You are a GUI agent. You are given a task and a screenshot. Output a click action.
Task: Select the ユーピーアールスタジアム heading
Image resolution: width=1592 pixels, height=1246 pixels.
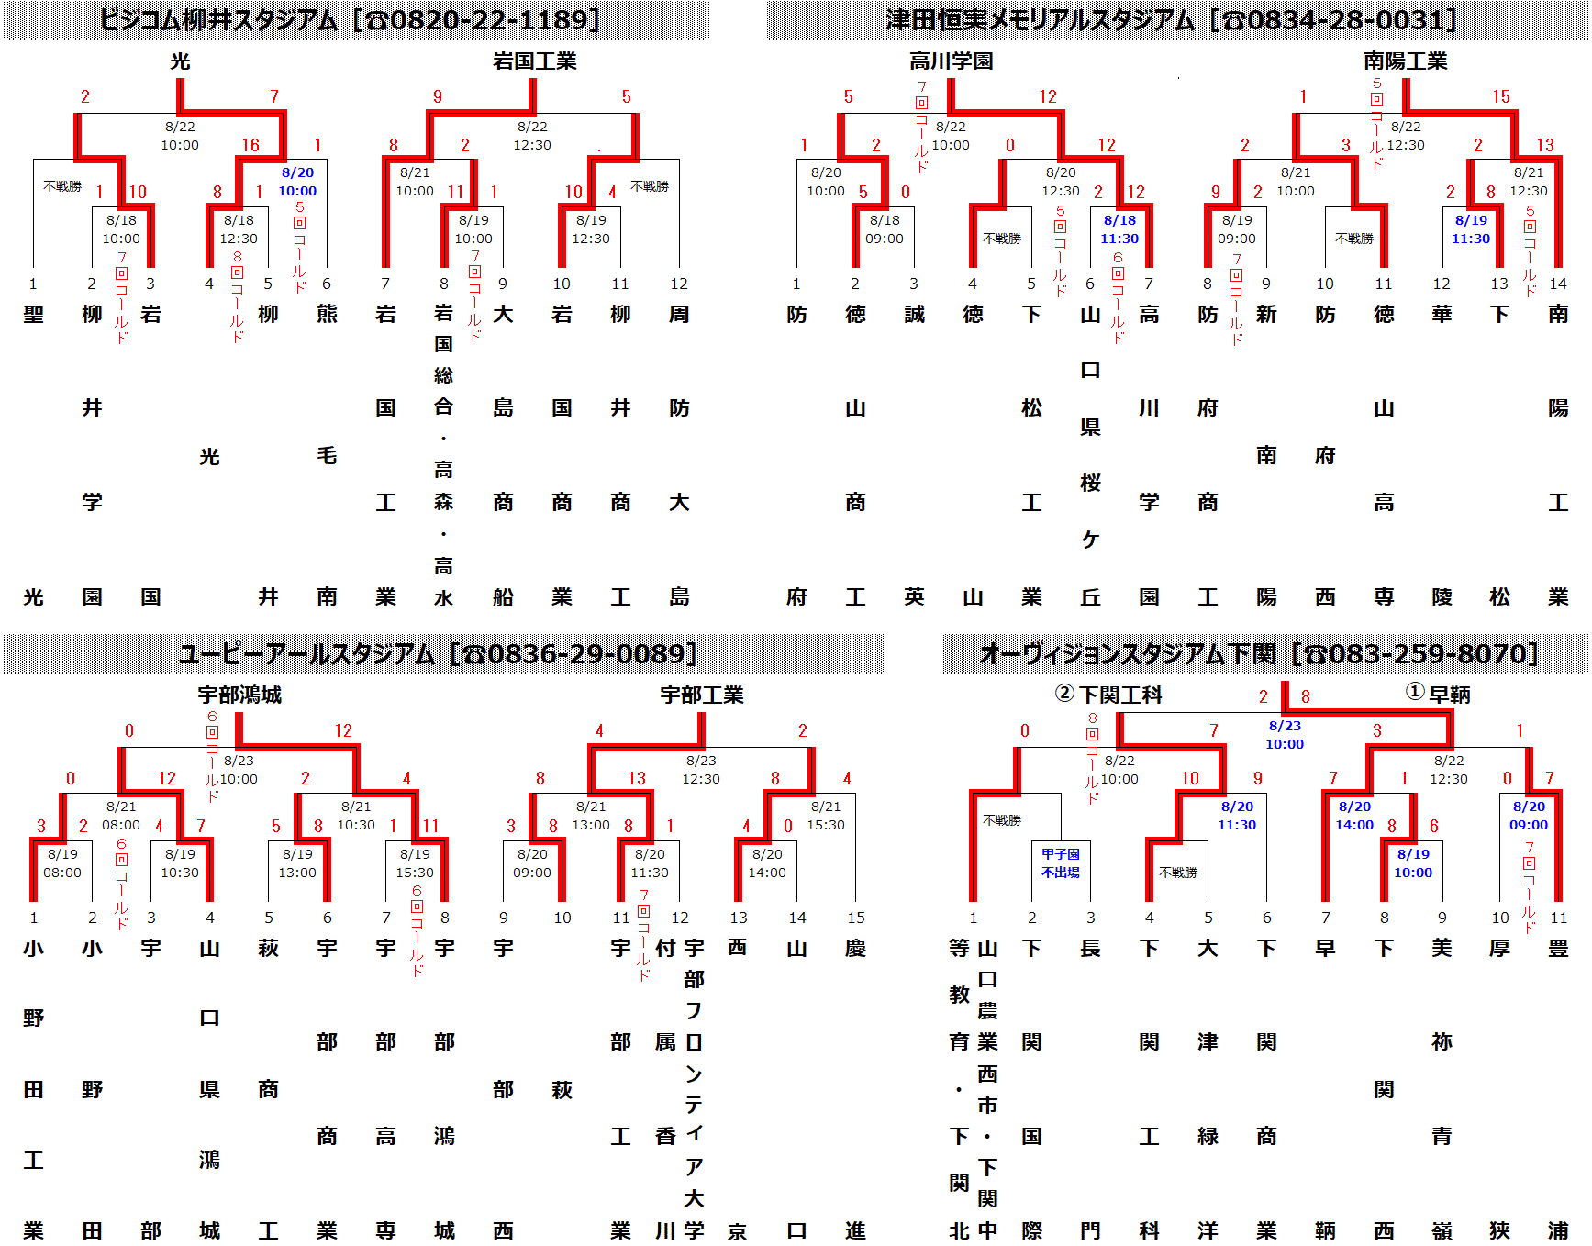click(306, 654)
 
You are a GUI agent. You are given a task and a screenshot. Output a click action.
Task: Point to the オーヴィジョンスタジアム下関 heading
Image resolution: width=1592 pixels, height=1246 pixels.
click(1128, 654)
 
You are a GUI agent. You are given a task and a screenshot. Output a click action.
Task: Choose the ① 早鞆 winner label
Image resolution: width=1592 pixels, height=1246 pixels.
click(1439, 695)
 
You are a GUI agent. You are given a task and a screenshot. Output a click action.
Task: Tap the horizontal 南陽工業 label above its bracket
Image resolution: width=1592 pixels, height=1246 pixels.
click(1405, 61)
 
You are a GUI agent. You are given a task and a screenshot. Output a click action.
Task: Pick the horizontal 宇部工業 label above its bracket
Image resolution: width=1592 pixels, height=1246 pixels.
click(702, 695)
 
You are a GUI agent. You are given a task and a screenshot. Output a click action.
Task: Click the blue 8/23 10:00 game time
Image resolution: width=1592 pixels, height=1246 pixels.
click(1285, 735)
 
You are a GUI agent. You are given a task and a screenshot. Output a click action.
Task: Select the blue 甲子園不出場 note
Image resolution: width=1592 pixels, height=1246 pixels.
click(1061, 863)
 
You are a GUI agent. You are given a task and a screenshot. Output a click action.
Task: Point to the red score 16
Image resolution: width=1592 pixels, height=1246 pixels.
click(250, 145)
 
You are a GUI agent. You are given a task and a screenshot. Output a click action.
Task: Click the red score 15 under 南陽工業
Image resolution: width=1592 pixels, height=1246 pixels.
click(1501, 96)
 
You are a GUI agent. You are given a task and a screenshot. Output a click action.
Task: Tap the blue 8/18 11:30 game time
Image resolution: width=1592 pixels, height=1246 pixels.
click(1119, 229)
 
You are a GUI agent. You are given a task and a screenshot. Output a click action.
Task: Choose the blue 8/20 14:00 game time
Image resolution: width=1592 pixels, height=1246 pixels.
click(1354, 816)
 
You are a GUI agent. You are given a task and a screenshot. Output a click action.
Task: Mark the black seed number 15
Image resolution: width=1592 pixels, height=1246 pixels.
click(856, 918)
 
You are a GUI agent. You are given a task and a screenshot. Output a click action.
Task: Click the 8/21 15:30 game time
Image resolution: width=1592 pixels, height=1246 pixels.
click(826, 816)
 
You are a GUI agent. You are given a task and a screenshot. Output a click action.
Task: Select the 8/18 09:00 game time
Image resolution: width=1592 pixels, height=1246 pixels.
click(885, 229)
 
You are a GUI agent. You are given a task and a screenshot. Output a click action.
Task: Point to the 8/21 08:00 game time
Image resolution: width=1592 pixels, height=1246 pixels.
click(121, 816)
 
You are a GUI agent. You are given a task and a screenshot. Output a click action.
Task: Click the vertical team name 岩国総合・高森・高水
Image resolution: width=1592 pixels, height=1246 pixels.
click(444, 455)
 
